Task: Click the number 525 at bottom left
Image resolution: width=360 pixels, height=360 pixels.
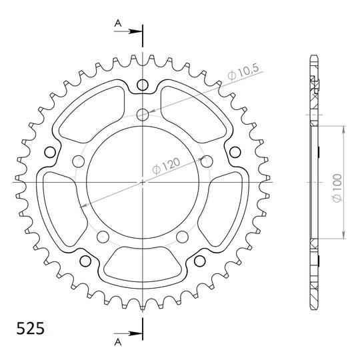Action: [30, 329]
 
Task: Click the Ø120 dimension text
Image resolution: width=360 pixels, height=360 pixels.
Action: [166, 166]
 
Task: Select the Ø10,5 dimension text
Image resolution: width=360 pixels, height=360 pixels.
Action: [243, 72]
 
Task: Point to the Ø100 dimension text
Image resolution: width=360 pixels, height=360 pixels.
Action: [337, 188]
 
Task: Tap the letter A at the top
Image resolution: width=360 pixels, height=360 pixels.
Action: [118, 23]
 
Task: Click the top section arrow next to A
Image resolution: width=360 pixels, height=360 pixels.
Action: [127, 31]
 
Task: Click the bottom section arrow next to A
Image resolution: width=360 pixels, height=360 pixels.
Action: [127, 333]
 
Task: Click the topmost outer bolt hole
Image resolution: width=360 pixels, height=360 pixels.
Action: [143, 85]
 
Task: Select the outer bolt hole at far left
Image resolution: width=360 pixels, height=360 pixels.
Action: [50, 152]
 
